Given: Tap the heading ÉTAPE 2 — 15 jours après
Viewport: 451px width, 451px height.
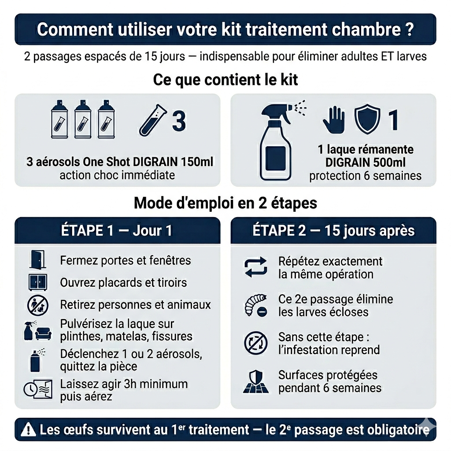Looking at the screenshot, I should pos(333,230).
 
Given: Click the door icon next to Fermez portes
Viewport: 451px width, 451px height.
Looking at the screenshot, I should pos(37,260).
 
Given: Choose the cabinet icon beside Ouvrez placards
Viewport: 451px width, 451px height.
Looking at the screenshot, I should pos(37,282).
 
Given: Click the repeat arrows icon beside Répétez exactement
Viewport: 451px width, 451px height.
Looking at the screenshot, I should pos(256,267).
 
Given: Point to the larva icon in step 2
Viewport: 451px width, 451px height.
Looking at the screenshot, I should pos(255,305).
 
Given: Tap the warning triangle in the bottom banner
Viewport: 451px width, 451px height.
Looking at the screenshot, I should pos(29,429).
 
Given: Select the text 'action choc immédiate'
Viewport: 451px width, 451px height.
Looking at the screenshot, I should pos(117,175).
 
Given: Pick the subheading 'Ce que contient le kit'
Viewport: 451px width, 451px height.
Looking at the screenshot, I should pos(225,80).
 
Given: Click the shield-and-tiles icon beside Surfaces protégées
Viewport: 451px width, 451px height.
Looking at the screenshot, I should pos(255,381).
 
